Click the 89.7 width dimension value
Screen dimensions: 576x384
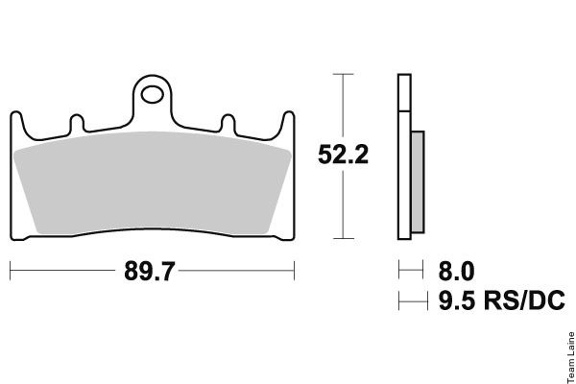click(x=150, y=271)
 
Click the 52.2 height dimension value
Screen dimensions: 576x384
click(x=343, y=155)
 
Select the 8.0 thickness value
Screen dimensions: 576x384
click(x=456, y=272)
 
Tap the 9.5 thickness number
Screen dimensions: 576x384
click(x=457, y=300)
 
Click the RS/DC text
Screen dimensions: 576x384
click(x=524, y=300)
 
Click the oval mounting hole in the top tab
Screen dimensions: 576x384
click(x=152, y=95)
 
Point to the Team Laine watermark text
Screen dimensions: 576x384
click(x=571, y=357)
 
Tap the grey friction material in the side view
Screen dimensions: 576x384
click(x=418, y=181)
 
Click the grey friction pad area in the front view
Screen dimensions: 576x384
click(x=152, y=182)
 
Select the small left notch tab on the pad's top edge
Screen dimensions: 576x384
click(x=77, y=124)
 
